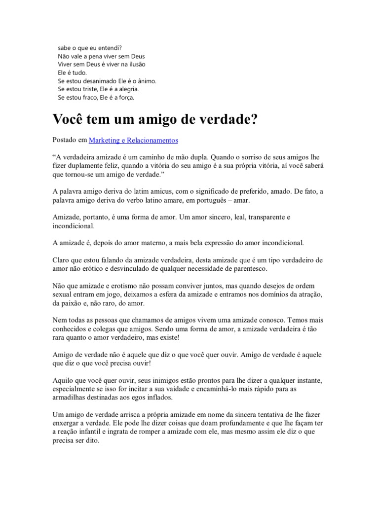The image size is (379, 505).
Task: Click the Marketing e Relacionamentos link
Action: [x=133, y=141]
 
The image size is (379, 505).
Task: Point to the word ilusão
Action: [x=135, y=64]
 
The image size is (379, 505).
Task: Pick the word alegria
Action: [x=127, y=89]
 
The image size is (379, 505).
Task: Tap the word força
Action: [x=125, y=98]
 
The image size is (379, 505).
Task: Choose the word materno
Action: [x=151, y=243]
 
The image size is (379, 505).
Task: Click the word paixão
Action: [x=76, y=303]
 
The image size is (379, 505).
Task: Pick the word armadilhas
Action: [x=71, y=397]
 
